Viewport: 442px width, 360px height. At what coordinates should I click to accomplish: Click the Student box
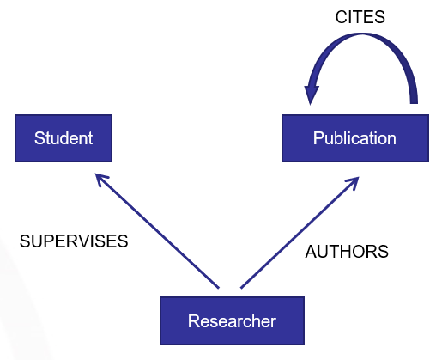pyautogui.click(x=64, y=138)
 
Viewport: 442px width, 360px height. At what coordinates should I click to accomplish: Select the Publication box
pyautogui.click(x=355, y=138)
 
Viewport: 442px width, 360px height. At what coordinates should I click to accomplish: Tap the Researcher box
pyautogui.click(x=232, y=320)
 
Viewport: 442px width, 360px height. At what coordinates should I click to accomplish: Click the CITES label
pyautogui.click(x=360, y=17)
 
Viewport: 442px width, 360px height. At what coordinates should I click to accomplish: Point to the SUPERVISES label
pyautogui.click(x=74, y=241)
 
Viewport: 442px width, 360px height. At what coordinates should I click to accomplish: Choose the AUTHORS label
pyautogui.click(x=347, y=252)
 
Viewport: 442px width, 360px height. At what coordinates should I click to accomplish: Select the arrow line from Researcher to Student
pyautogui.click(x=157, y=231)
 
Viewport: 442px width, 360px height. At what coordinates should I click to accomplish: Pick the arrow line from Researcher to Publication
pyautogui.click(x=300, y=233)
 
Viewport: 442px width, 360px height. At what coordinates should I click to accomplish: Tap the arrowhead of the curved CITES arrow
pyautogui.click(x=311, y=93)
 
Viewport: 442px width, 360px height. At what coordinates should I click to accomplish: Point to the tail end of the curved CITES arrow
pyautogui.click(x=414, y=101)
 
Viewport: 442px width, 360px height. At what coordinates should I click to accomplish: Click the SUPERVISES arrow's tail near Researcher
pyautogui.click(x=219, y=288)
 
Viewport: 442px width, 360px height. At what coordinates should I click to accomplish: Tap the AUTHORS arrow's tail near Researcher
pyautogui.click(x=241, y=288)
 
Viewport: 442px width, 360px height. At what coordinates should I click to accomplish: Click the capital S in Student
pyautogui.click(x=39, y=138)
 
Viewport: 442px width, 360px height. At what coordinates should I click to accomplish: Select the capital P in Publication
pyautogui.click(x=318, y=138)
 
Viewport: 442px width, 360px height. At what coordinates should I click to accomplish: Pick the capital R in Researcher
pyautogui.click(x=194, y=321)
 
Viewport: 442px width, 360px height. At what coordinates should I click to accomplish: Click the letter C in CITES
pyautogui.click(x=342, y=17)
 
